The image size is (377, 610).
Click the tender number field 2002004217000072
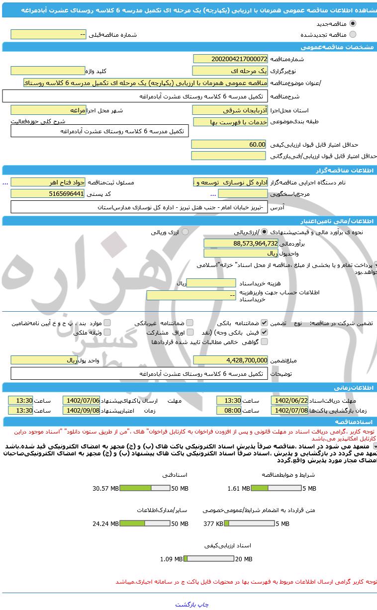(230, 59)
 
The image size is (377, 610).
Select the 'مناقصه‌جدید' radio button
(353, 23)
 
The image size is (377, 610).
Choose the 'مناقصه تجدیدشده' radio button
(353, 34)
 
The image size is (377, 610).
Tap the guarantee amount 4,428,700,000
(230, 360)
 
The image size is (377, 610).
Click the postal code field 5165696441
(48, 193)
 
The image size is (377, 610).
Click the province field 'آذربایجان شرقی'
(230, 110)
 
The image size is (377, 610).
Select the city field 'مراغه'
(48, 110)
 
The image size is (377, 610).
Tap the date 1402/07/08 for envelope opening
(289, 411)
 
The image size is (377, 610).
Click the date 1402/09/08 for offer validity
(81, 411)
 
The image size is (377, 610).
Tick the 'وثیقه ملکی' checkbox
(107, 332)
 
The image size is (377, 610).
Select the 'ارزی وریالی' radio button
(185, 232)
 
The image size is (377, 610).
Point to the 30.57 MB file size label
(105, 489)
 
